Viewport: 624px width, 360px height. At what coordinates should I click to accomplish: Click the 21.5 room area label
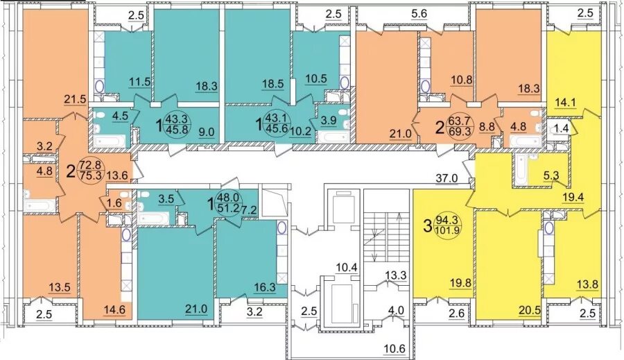(x=75, y=98)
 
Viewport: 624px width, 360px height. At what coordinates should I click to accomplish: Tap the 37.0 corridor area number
(x=447, y=178)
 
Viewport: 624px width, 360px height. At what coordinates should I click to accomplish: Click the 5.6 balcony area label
(x=418, y=14)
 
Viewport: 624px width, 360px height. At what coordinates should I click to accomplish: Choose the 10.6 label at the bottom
(x=395, y=349)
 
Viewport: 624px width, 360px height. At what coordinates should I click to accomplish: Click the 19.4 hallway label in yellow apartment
(x=573, y=198)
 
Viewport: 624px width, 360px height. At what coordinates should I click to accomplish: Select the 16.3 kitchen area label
(x=265, y=287)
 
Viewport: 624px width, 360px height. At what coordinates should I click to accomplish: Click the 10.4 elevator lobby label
(x=346, y=268)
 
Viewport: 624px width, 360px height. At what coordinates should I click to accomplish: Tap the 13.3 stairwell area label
(x=395, y=275)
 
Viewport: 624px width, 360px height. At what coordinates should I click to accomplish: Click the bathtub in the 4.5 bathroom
(x=110, y=141)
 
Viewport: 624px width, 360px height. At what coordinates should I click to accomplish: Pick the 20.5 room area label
(x=529, y=310)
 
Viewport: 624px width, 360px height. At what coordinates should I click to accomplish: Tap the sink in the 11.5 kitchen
(x=99, y=87)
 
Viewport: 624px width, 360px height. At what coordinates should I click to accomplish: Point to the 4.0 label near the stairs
(x=396, y=310)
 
